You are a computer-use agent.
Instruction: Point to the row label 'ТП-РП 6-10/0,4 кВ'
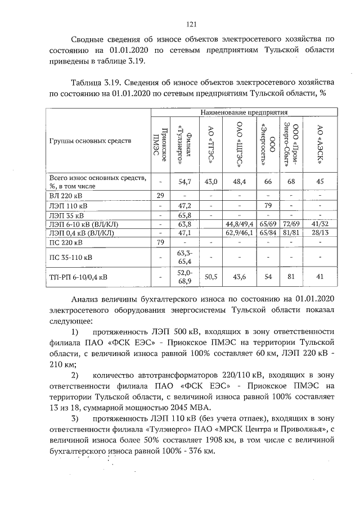[79, 277]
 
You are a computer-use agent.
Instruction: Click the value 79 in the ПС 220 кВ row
[160, 243]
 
